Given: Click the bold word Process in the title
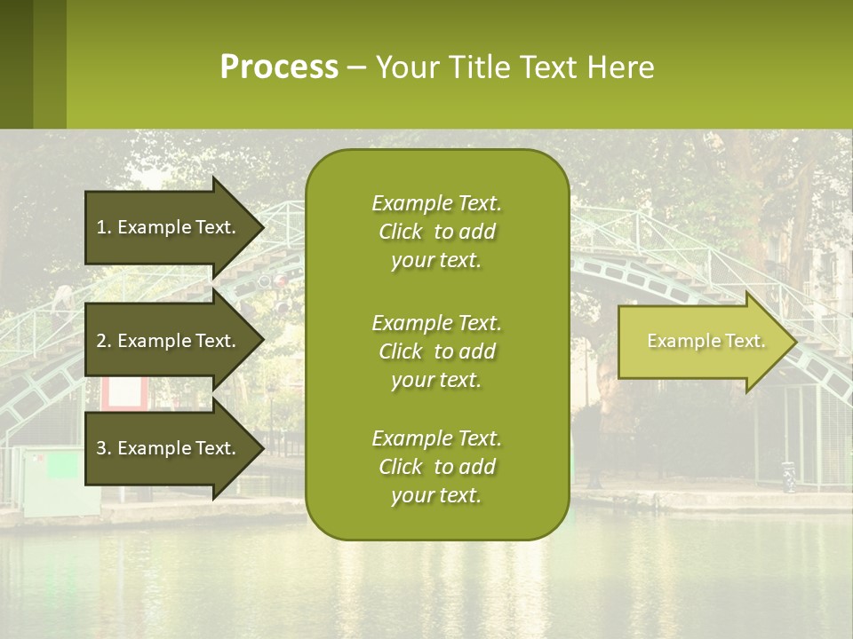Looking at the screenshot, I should pyautogui.click(x=279, y=67).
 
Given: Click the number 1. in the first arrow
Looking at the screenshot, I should pyautogui.click(x=104, y=227).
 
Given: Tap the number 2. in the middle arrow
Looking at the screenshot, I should pyautogui.click(x=104, y=341).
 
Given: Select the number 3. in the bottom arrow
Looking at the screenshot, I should pyautogui.click(x=104, y=448).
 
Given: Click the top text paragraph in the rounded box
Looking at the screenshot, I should pyautogui.click(x=436, y=232).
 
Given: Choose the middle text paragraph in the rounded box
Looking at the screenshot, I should pyautogui.click(x=436, y=351).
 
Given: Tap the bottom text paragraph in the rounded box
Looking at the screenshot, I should pyautogui.click(x=436, y=467).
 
